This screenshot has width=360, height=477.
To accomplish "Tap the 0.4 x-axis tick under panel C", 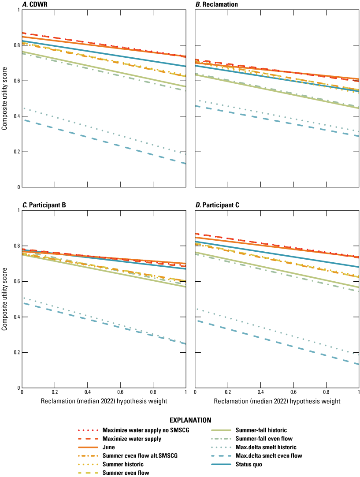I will (x=87, y=391).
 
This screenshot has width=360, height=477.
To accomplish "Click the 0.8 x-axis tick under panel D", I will (x=326, y=391).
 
